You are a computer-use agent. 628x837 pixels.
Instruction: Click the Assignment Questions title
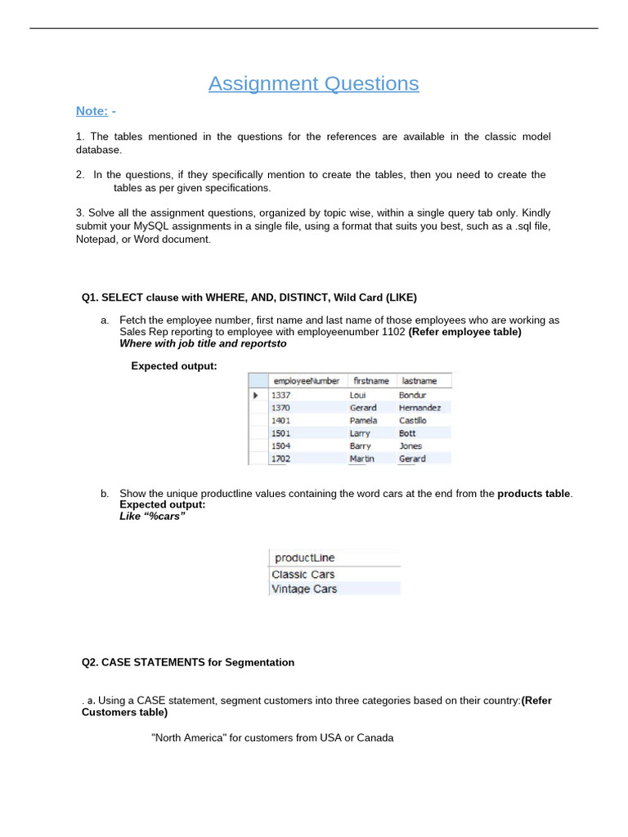point(313,83)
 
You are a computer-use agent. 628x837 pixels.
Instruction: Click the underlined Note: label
point(92,110)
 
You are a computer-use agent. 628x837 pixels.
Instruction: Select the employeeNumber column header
point(306,381)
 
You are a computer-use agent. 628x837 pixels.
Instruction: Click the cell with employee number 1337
point(281,394)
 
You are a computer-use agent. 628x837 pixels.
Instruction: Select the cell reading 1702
point(281,459)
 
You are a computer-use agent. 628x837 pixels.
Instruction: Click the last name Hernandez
point(419,407)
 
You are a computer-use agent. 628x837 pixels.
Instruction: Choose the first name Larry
point(360,433)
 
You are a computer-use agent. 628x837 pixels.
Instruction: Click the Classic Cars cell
point(303,574)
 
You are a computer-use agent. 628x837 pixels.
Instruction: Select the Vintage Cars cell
point(303,589)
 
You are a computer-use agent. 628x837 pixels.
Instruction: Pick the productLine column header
point(304,557)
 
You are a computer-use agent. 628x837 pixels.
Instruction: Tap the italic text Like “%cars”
point(152,517)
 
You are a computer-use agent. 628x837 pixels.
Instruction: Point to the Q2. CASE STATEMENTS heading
point(188,662)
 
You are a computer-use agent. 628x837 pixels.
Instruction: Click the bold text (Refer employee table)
point(464,332)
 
